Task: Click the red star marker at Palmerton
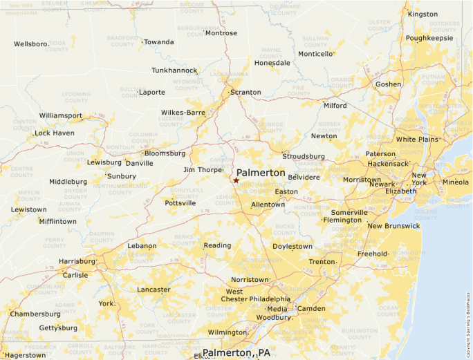[x=236, y=180]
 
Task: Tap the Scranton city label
[x=245, y=92]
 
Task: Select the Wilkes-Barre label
[x=183, y=112]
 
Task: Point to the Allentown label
[x=268, y=205]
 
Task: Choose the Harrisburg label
[x=77, y=261]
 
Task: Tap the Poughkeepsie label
[x=429, y=38]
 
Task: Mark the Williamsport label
[x=60, y=115]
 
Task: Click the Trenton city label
[x=322, y=262]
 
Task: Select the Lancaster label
[x=154, y=290]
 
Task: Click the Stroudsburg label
[x=303, y=156]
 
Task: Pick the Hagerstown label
[x=24, y=355]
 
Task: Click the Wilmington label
[x=227, y=332]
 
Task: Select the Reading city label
[x=216, y=245]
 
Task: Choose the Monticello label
[x=315, y=54]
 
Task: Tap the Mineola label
[x=455, y=182]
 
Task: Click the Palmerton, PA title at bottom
[x=236, y=352]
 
